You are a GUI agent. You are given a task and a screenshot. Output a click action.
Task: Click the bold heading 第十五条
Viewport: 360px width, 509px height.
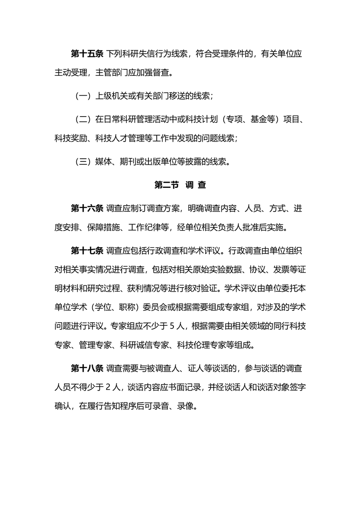(87, 54)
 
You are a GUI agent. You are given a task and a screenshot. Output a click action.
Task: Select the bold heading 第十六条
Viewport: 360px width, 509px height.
(87, 209)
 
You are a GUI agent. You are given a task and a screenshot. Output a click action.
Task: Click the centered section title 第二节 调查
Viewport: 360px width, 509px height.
(180, 185)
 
